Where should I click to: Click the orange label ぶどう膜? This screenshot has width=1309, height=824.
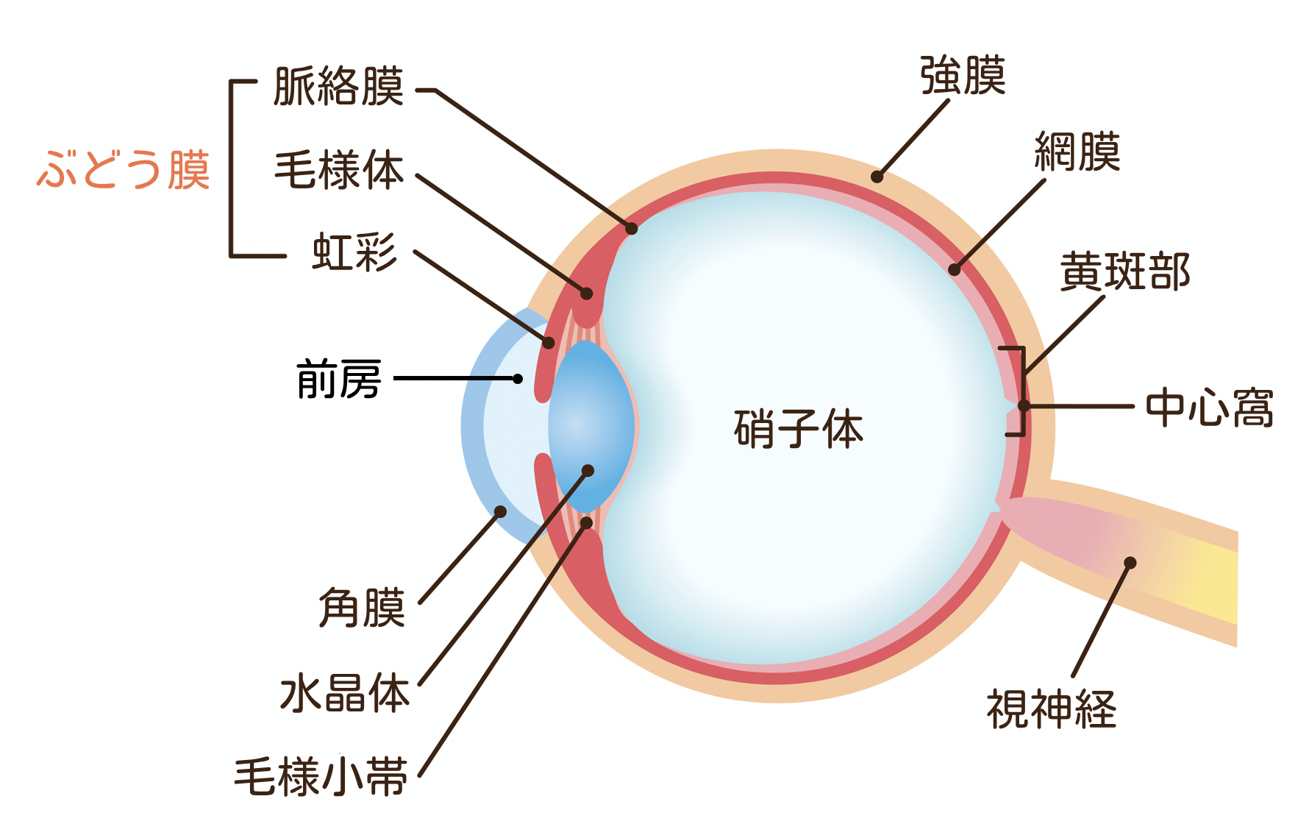click(x=124, y=170)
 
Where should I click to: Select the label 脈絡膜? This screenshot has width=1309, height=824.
click(x=338, y=87)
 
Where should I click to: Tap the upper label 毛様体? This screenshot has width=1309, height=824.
click(x=339, y=170)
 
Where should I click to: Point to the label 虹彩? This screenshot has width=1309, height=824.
click(x=354, y=252)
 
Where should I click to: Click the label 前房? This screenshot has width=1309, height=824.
click(x=339, y=380)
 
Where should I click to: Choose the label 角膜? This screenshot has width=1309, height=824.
click(x=362, y=608)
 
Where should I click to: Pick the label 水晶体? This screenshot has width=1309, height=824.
click(x=344, y=693)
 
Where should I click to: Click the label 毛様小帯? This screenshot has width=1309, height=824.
click(x=321, y=777)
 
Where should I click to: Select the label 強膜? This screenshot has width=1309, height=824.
click(x=963, y=75)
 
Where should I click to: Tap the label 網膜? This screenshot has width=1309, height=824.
click(x=1077, y=152)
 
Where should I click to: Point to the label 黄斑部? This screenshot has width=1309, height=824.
click(x=1124, y=272)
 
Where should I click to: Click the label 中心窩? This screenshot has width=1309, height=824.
click(x=1210, y=408)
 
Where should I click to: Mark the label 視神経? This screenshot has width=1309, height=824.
click(x=1052, y=709)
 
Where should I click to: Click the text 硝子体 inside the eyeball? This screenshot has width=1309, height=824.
click(x=799, y=430)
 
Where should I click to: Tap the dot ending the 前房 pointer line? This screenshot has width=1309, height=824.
click(x=518, y=379)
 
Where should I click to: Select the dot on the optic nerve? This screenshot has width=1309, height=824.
click(x=1130, y=563)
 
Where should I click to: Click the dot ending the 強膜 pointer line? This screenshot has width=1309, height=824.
click(x=877, y=177)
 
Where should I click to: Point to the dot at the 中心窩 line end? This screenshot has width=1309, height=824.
click(x=1023, y=405)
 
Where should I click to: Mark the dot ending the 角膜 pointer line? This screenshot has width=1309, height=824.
click(x=501, y=511)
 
